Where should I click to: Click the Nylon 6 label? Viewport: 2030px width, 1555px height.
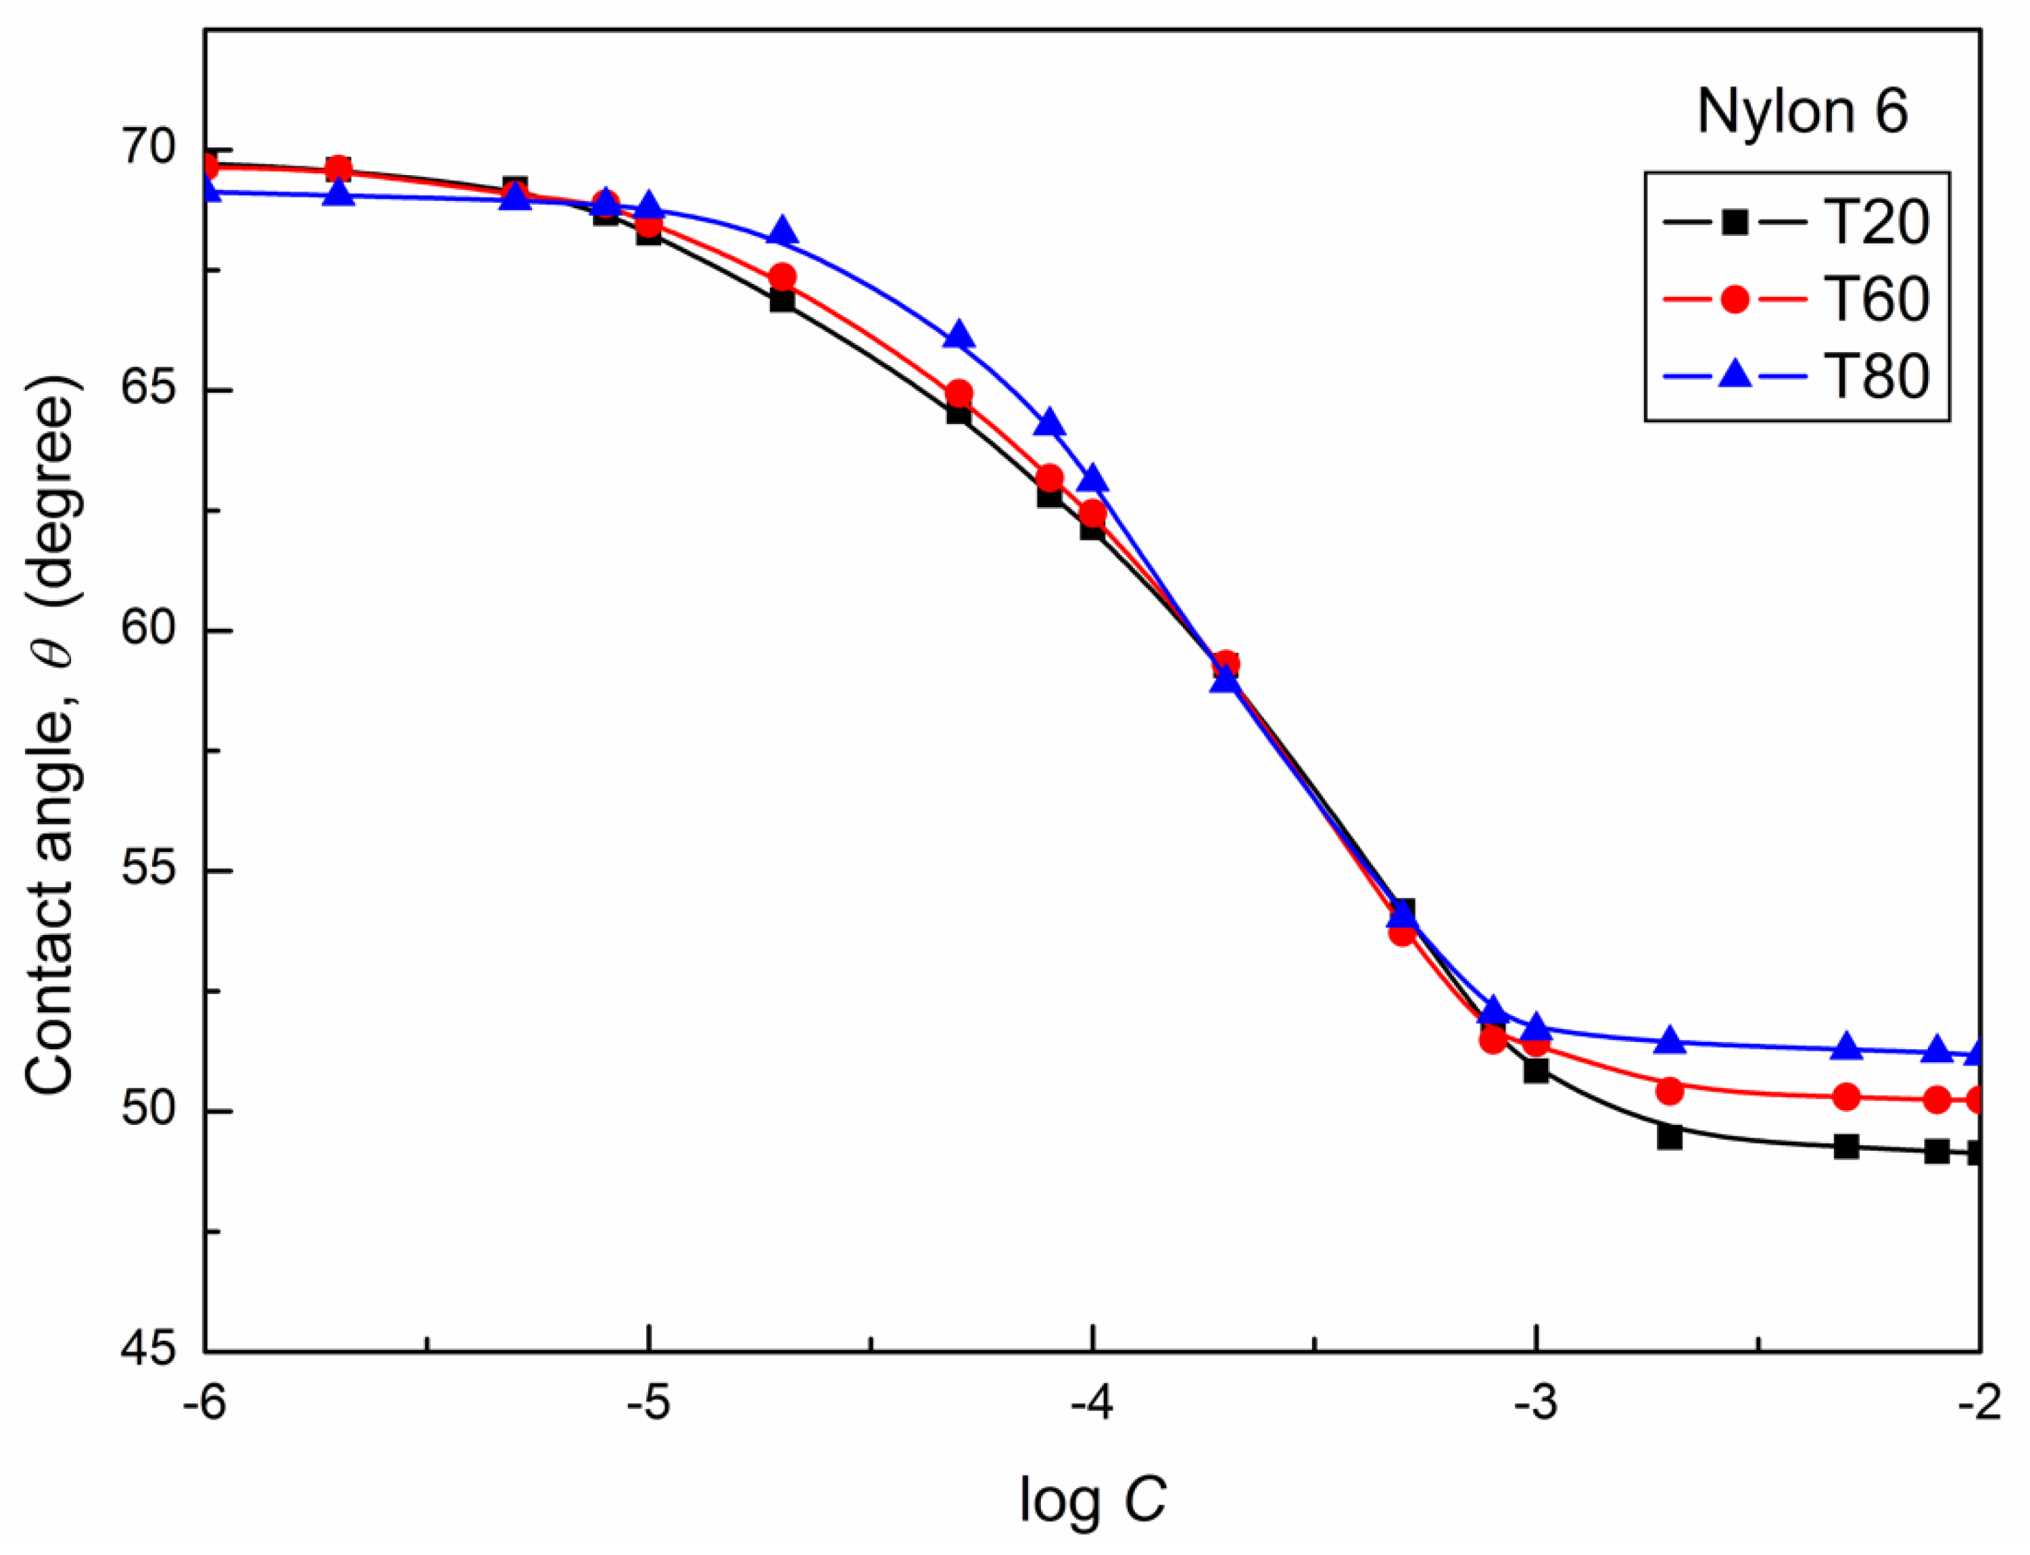[1802, 112]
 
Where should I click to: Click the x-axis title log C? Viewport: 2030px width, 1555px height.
[1092, 1500]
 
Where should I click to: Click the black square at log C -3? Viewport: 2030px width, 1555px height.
[1536, 1071]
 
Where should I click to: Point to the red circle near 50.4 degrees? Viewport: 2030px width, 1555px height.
[1669, 1091]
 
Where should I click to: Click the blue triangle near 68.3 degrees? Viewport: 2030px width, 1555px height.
[783, 231]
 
